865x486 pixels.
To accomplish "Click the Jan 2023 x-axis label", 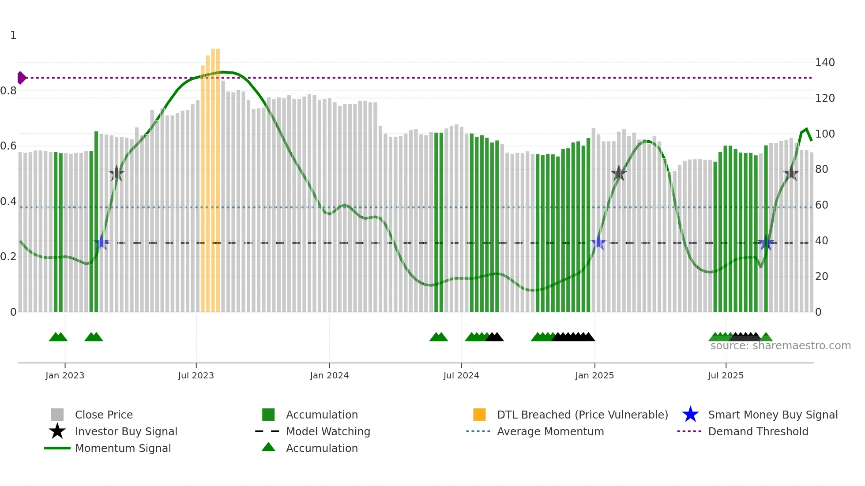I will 64,375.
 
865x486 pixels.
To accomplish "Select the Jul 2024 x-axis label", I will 461,375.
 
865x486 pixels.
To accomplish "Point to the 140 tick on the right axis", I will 824,63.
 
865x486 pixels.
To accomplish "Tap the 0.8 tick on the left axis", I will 8,91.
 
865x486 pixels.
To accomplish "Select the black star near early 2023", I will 117,173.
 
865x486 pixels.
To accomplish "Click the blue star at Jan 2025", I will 598,243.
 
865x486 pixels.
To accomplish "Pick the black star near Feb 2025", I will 619,173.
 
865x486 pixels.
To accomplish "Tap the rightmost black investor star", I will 791,173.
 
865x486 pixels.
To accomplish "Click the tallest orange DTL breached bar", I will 215,176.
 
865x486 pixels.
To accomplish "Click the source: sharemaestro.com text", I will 780,346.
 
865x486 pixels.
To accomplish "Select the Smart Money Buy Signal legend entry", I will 772,415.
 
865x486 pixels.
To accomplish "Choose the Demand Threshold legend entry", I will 758,431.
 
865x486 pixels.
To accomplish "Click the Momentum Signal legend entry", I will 123,448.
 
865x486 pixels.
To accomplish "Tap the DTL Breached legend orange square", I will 479,415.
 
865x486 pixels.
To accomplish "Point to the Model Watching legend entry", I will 327,431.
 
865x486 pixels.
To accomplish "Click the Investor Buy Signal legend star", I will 57,431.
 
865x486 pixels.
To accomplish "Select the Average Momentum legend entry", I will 550,431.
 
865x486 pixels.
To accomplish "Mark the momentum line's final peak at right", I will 806,129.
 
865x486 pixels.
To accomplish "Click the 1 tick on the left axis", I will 13,35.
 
